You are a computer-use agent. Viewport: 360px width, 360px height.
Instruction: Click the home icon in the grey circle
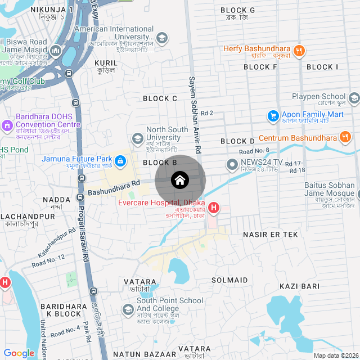point(180,181)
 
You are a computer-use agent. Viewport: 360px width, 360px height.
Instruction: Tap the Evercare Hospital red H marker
point(214,208)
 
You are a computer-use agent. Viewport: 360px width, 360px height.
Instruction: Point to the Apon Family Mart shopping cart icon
point(273,116)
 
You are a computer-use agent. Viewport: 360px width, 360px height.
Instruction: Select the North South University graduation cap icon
point(137,138)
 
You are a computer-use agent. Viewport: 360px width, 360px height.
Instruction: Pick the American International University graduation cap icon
point(162,38)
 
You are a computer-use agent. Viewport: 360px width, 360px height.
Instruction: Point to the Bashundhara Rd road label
point(113,188)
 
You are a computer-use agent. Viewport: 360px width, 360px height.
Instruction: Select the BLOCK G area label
point(237,10)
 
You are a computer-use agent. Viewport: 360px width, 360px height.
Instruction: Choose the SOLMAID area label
point(229,280)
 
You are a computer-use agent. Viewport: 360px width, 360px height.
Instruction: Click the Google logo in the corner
point(19,353)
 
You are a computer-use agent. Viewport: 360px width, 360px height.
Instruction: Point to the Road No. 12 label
point(48,260)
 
